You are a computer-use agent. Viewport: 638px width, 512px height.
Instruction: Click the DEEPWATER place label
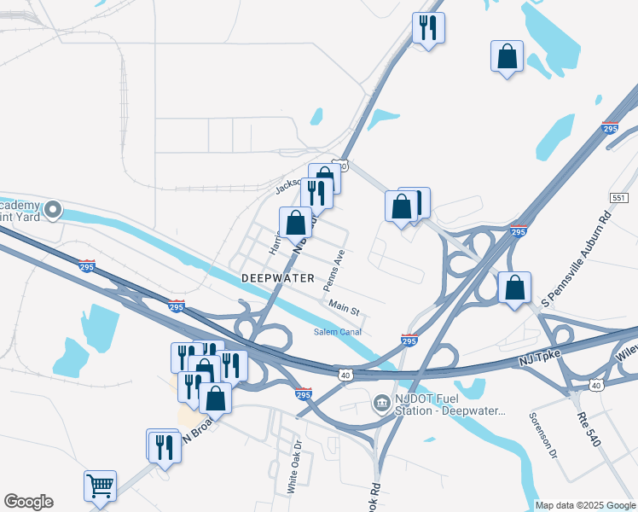click(x=278, y=278)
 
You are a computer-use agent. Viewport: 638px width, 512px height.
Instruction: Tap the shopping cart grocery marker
click(x=101, y=486)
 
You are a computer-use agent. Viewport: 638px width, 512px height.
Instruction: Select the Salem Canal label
click(x=338, y=332)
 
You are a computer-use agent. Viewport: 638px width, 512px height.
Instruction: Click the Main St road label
click(x=345, y=305)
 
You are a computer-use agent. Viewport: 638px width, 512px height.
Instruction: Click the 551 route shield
click(x=619, y=197)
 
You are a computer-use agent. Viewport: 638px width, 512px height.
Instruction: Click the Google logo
click(x=28, y=502)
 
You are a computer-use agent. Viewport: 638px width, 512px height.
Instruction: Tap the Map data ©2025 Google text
click(x=585, y=505)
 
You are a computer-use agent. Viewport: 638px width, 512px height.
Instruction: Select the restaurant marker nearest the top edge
click(x=427, y=27)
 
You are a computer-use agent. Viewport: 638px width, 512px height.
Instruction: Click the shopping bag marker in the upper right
click(x=507, y=55)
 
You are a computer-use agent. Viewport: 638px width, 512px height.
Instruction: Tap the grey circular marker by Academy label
click(x=53, y=209)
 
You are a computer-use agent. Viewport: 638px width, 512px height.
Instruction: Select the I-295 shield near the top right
click(x=610, y=128)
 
